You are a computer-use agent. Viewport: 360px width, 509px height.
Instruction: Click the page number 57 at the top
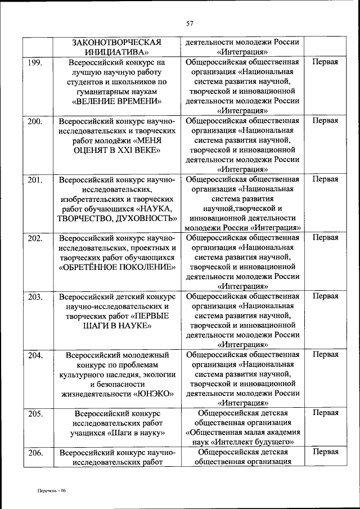190,23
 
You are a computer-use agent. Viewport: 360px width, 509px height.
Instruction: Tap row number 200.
35,121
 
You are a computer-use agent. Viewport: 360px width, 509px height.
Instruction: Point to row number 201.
35,179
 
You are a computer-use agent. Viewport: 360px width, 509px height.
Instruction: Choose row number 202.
35,238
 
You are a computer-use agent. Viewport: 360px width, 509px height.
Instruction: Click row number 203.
35,296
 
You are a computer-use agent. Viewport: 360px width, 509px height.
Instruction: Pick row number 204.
35,355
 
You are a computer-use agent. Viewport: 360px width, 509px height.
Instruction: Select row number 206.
35,452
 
